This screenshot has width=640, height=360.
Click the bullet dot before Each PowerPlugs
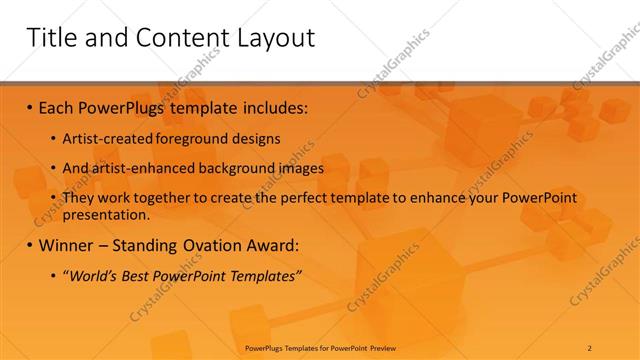point(30,105)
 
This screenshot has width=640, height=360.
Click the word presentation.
point(105,214)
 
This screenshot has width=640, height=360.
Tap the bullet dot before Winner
point(30,245)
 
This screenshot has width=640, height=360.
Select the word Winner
point(69,245)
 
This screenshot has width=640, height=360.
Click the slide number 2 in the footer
point(590,347)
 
